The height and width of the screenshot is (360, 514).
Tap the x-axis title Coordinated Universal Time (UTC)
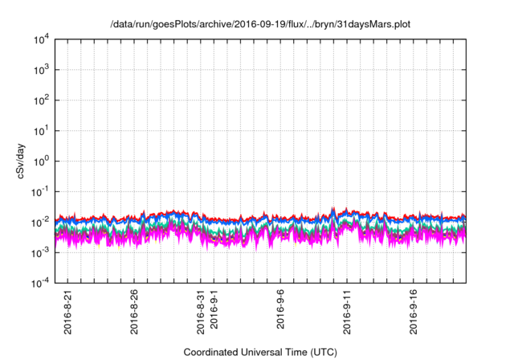tap(260, 352)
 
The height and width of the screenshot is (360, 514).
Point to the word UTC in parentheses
tap(323, 352)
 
